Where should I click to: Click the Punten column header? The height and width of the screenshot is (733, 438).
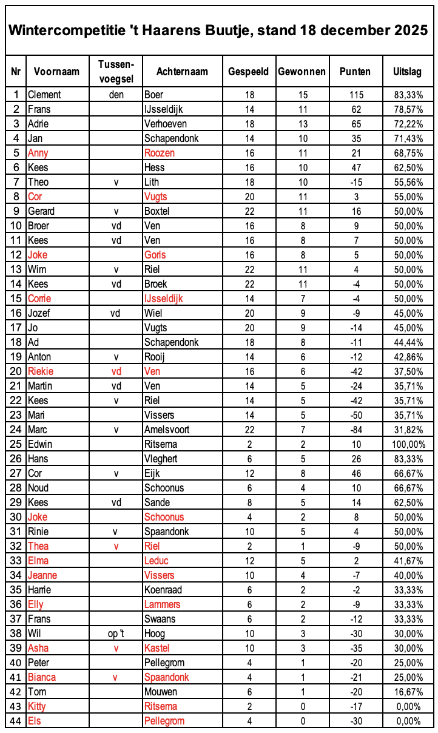355,72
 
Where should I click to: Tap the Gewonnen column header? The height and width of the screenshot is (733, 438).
302,72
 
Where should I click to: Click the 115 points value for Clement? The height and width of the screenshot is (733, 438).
355,95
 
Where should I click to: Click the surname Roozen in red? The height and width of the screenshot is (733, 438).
159,153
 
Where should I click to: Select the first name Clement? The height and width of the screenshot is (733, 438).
44,95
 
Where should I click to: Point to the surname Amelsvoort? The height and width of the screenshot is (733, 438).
168,430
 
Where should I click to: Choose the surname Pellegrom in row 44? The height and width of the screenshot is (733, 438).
164,721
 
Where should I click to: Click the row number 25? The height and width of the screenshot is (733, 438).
16,444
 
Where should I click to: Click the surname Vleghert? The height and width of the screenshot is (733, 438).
161,459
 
